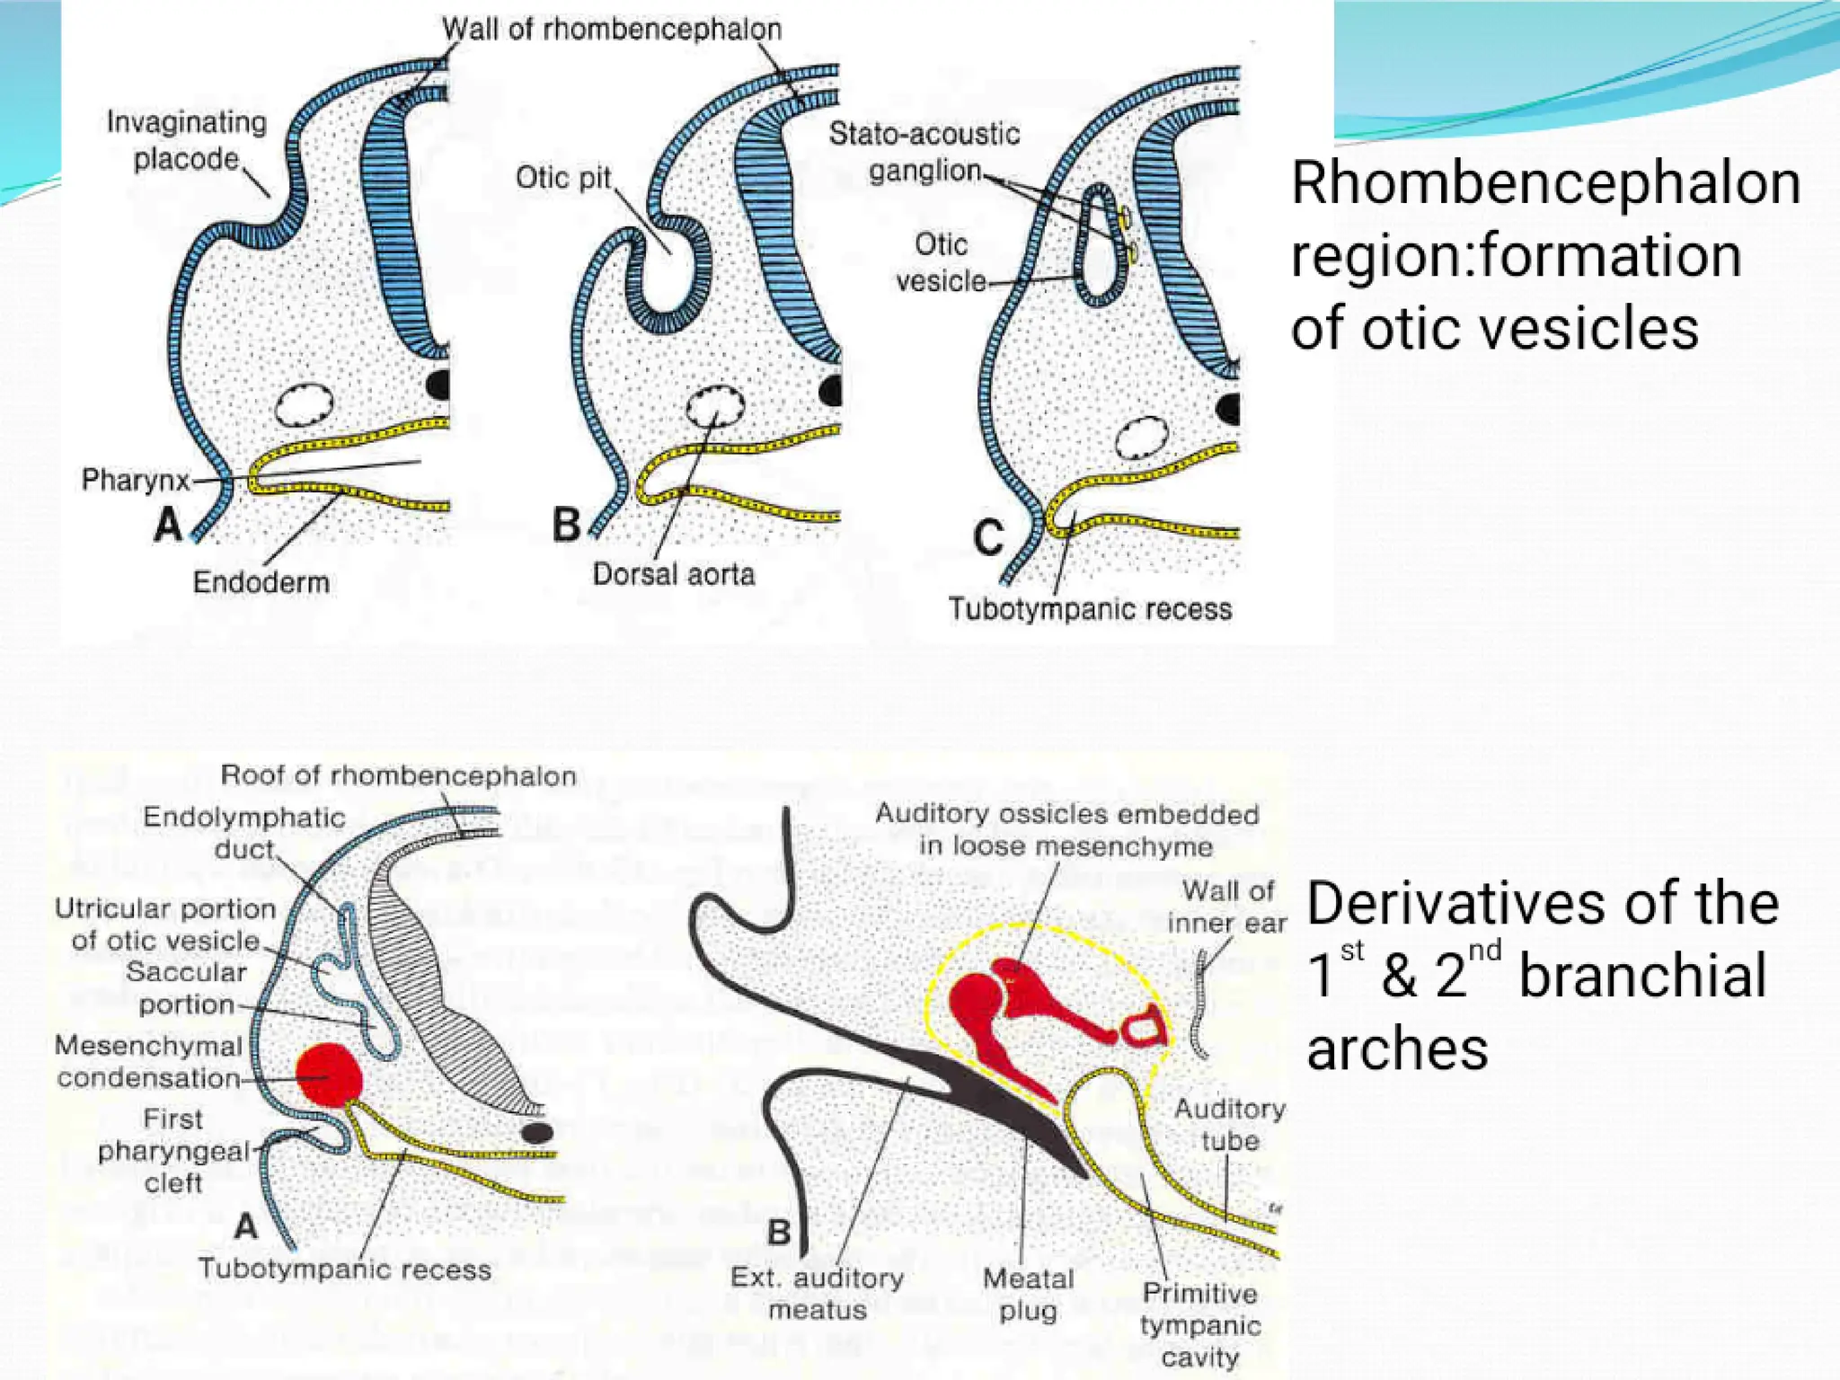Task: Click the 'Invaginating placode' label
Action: [x=187, y=140]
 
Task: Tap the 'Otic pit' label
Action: [x=563, y=178]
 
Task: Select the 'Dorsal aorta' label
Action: [x=673, y=574]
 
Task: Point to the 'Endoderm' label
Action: [x=261, y=582]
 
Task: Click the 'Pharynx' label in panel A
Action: [x=136, y=480]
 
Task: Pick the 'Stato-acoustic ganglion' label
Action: [x=924, y=152]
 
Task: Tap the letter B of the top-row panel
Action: [x=566, y=526]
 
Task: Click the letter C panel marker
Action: [x=988, y=538]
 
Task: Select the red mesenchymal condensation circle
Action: [x=328, y=1075]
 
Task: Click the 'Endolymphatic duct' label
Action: [x=243, y=833]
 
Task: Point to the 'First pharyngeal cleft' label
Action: [x=173, y=1151]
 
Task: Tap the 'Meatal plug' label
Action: [x=1028, y=1295]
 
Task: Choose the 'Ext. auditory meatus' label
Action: [x=817, y=1294]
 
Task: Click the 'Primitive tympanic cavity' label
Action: [x=1200, y=1325]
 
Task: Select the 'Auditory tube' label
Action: [x=1229, y=1125]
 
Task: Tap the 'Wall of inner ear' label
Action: [x=1227, y=907]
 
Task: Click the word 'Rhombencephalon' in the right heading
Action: [x=1545, y=184]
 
